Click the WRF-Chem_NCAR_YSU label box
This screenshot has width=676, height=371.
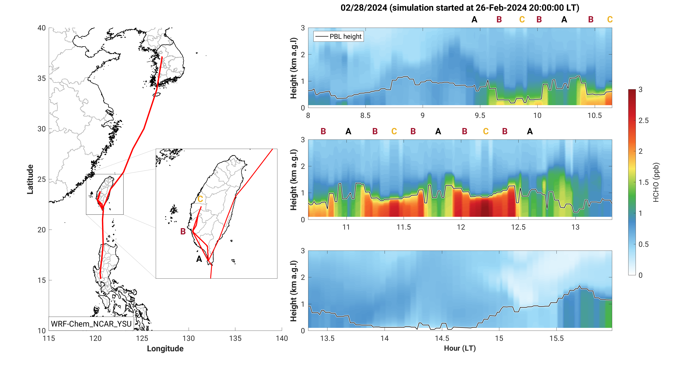click(91, 324)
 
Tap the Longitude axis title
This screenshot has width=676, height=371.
click(165, 348)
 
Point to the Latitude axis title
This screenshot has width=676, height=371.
click(30, 179)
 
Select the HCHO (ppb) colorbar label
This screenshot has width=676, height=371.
click(656, 182)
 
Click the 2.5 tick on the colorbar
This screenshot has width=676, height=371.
click(644, 120)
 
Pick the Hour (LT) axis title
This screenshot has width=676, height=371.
click(460, 348)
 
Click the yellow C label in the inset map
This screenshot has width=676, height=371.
click(200, 199)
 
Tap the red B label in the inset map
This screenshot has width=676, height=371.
click(183, 231)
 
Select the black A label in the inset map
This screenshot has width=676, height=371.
click(199, 259)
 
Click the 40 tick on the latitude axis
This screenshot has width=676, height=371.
click(41, 28)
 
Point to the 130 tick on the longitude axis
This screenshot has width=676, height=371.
click(188, 339)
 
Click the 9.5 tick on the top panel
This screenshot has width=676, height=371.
click(480, 115)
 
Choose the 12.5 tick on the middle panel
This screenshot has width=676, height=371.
click(518, 227)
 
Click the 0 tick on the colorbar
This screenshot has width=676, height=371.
click(641, 275)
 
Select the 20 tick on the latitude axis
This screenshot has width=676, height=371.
click(41, 230)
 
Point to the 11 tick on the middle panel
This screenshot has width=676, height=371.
click(346, 227)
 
